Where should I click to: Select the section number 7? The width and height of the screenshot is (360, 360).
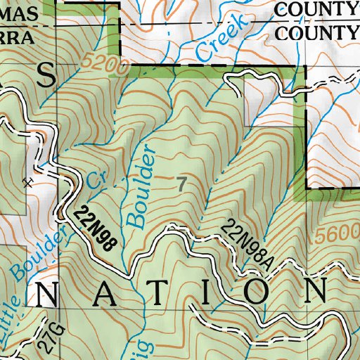182,184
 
